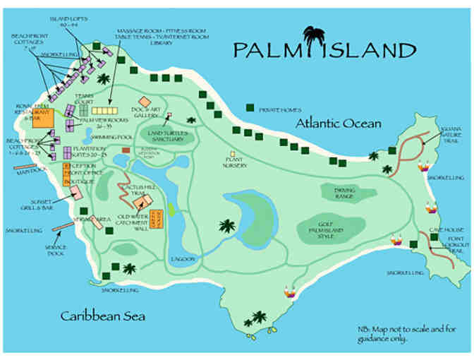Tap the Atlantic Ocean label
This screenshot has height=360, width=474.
click(x=339, y=124)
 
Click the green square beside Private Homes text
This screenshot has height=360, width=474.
click(x=250, y=109)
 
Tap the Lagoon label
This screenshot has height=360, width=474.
click(x=182, y=259)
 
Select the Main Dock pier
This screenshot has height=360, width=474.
click(x=26, y=169)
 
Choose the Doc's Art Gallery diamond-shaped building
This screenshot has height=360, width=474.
click(x=145, y=102)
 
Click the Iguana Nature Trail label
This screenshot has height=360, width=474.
click(x=450, y=133)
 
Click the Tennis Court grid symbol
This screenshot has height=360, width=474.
click(x=104, y=111)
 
